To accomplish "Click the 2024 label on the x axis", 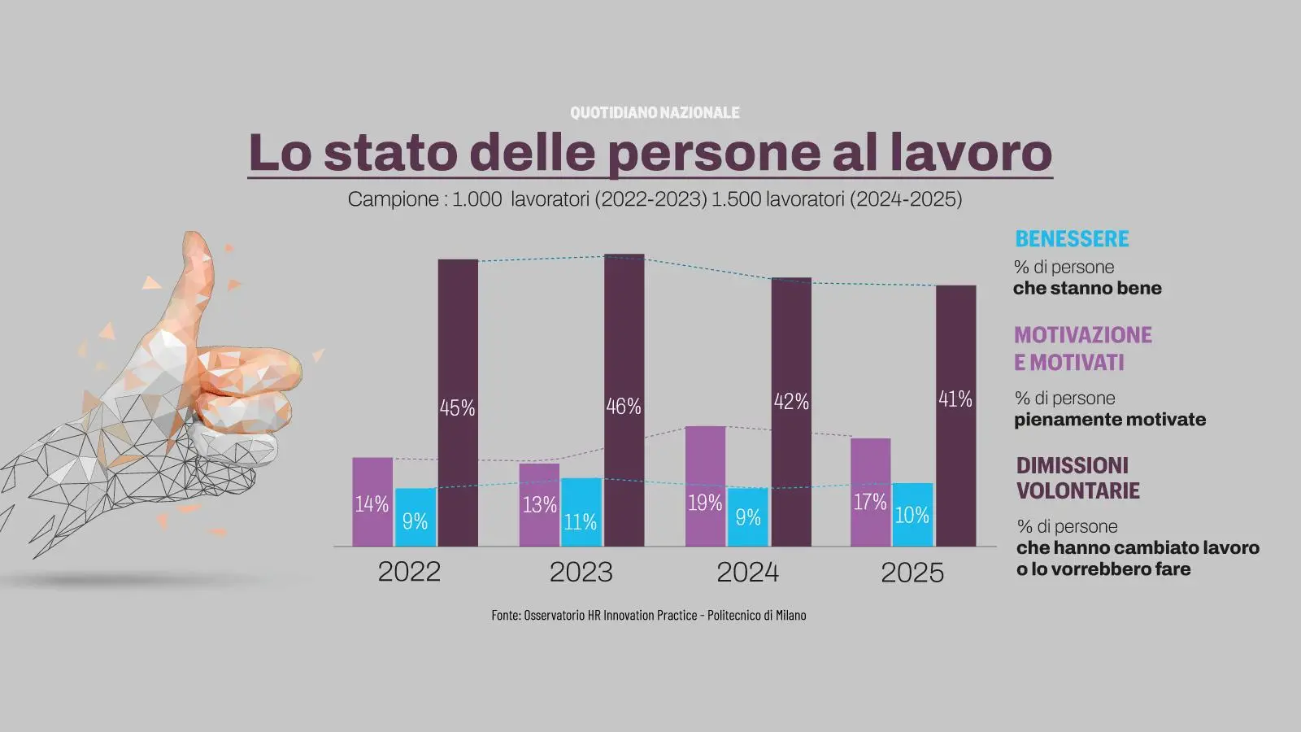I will (747, 573).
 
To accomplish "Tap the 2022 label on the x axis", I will (409, 572).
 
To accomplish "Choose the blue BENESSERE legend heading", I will (1072, 239).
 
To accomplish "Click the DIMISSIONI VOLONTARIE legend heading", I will (1077, 478).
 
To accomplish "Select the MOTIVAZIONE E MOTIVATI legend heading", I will (1082, 348).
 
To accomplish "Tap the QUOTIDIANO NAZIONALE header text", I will (655, 113).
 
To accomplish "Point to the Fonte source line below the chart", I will (649, 616).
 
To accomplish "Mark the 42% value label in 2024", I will (791, 402).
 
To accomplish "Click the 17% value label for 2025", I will (869, 503).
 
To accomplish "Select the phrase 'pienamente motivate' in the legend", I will (1110, 420).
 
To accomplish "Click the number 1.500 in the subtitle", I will (736, 199).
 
